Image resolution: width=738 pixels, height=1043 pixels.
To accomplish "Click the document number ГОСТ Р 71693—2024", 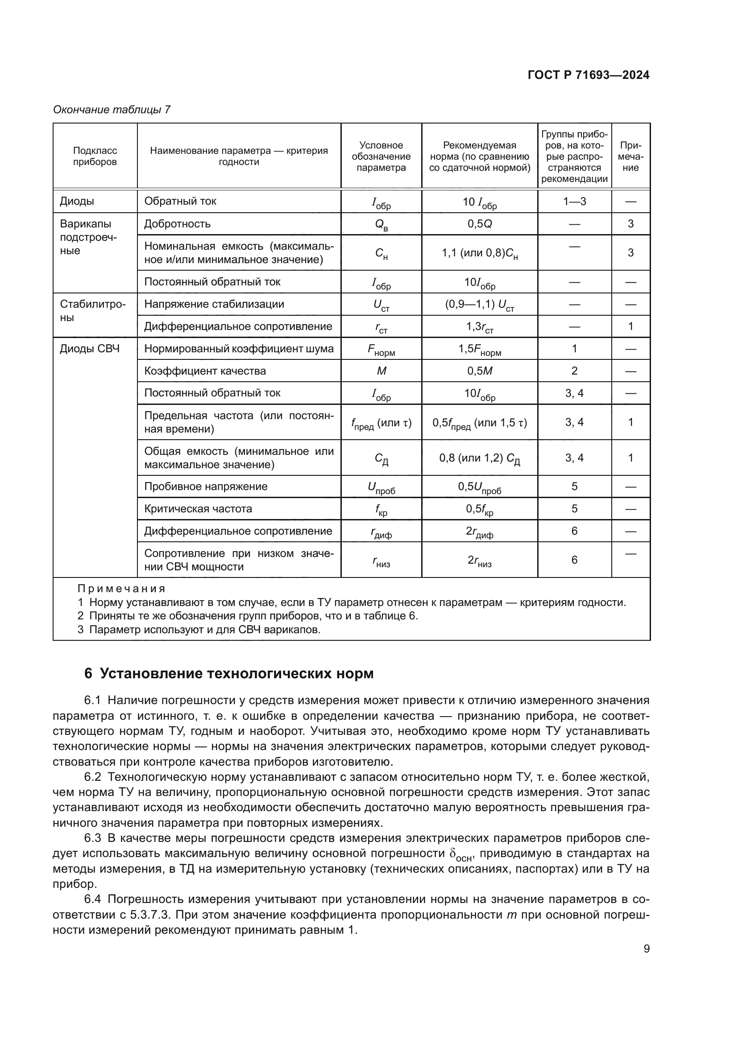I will coord(589,75).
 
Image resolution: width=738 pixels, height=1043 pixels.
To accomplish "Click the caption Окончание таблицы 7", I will coord(112,110).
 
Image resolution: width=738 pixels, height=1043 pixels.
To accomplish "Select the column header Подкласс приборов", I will coord(95,156).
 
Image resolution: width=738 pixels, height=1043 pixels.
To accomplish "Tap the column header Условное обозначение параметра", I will coord(381,156).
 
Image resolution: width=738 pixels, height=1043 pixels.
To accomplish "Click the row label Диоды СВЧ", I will coord(90,349).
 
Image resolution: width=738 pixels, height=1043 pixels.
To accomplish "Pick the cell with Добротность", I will coord(177,224).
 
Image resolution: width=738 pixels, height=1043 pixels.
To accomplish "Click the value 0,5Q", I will coord(479,224).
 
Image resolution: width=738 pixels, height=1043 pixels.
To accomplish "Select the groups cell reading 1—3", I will coord(574,202).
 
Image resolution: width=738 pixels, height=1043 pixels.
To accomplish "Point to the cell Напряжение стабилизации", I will coord(214,305).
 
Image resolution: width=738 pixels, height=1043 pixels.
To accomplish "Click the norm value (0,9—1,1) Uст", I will coord(479,305).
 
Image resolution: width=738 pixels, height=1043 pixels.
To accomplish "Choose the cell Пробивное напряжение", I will coord(206,486).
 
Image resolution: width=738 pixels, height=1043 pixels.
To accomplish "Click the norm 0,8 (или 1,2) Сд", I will coord(479,458).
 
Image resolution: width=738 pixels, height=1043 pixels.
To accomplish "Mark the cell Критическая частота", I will coord(198,509).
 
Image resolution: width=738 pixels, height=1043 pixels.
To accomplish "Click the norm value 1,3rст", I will coord(479,327).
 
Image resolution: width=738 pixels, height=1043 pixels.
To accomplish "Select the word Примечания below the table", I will coord(121,589).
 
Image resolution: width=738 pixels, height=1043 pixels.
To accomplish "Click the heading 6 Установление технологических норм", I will coord(228,673).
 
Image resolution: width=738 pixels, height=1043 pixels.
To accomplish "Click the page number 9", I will coord(646,948).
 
